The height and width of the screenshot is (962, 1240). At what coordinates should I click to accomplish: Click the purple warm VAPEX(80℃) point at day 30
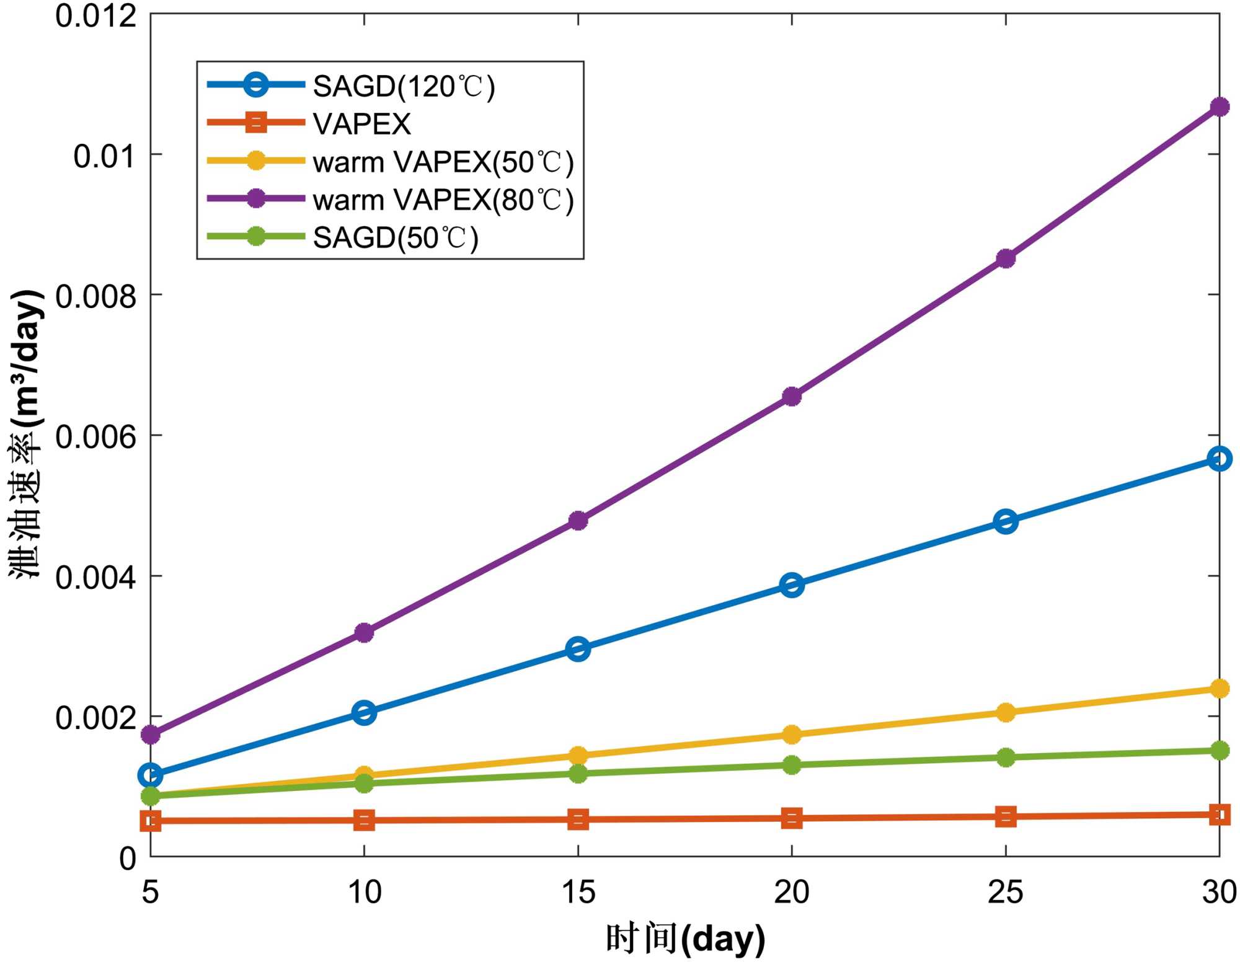click(1219, 107)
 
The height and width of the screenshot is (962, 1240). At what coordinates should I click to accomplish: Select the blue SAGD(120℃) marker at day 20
click(792, 585)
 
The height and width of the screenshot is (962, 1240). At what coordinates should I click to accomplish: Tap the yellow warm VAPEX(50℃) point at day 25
click(1006, 712)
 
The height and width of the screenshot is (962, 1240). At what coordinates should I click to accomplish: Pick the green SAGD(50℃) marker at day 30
click(1219, 751)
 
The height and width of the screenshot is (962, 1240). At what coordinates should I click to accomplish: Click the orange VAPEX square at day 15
click(578, 819)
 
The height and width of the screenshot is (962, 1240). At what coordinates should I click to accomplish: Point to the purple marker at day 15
click(578, 520)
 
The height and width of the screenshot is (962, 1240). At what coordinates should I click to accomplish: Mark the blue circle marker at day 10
click(364, 712)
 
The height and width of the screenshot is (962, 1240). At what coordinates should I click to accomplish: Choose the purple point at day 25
click(1006, 258)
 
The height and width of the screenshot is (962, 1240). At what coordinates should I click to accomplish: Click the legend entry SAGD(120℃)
click(404, 86)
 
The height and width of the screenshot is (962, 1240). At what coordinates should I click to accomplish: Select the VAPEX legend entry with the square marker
click(361, 124)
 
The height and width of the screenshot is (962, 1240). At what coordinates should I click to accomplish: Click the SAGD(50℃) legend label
click(396, 238)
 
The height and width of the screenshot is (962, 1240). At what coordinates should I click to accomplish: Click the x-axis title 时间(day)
click(685, 938)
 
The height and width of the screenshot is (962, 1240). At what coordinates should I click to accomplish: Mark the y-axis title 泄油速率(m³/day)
click(26, 434)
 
